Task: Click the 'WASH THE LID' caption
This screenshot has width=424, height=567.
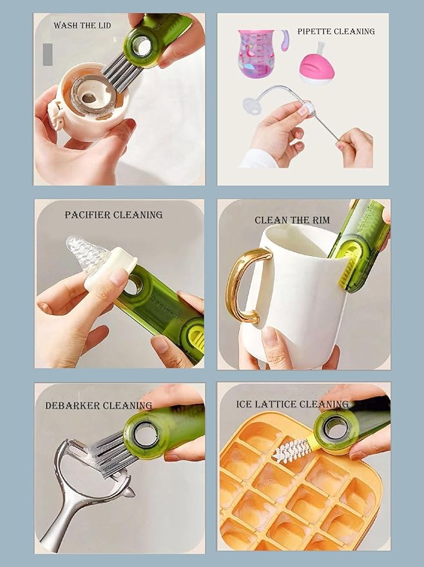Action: click(82, 25)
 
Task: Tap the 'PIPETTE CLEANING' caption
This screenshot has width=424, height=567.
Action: click(336, 32)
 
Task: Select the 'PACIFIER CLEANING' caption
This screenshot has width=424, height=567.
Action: click(113, 215)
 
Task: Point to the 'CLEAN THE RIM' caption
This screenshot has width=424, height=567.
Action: click(292, 220)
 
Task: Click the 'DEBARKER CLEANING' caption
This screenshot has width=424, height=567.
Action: click(98, 405)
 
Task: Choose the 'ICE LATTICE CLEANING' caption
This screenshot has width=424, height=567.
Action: click(293, 404)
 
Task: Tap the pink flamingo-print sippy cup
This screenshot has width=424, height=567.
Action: click(255, 54)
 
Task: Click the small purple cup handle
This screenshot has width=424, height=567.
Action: click(285, 40)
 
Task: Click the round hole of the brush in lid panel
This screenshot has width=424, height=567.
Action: click(142, 46)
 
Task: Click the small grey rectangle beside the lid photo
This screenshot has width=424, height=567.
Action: click(48, 55)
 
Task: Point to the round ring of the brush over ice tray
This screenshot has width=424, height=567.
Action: click(336, 428)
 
